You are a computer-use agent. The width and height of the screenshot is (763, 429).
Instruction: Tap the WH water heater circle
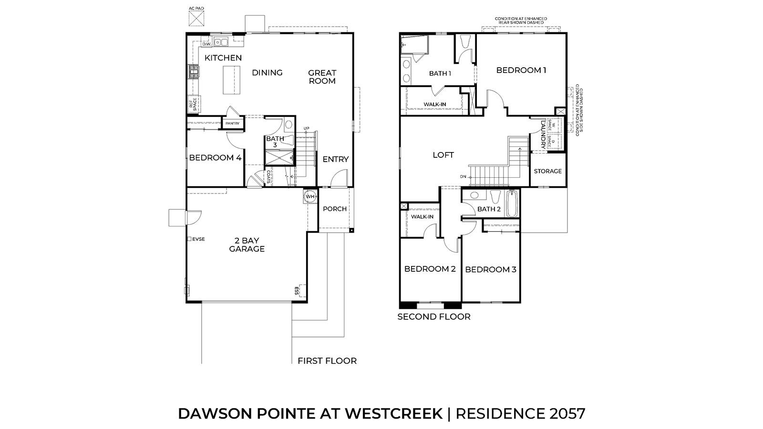click(x=310, y=196)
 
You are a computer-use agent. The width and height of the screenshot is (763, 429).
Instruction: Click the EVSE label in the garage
click(x=198, y=239)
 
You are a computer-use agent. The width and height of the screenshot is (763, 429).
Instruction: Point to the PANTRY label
click(x=233, y=123)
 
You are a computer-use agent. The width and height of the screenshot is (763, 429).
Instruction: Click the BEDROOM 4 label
click(x=215, y=157)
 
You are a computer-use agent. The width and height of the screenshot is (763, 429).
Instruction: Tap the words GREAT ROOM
click(x=322, y=77)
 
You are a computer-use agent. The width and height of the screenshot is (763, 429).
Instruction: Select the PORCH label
click(x=335, y=209)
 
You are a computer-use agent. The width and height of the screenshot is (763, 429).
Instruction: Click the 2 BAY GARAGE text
click(x=247, y=245)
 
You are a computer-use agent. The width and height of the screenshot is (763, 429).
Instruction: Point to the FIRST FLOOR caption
click(x=327, y=361)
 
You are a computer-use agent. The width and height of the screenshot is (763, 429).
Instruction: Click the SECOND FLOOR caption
click(x=434, y=317)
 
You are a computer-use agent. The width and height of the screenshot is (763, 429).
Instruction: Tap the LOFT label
click(x=443, y=155)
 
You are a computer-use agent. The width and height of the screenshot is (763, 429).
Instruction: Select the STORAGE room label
click(x=547, y=171)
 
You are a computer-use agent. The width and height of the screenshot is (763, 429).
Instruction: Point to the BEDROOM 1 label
click(x=521, y=70)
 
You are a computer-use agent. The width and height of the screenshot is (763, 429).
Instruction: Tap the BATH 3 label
click(x=275, y=141)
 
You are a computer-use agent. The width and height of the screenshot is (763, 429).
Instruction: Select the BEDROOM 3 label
click(x=491, y=269)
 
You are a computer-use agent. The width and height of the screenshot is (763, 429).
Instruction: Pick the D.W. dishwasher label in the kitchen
click(x=206, y=44)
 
